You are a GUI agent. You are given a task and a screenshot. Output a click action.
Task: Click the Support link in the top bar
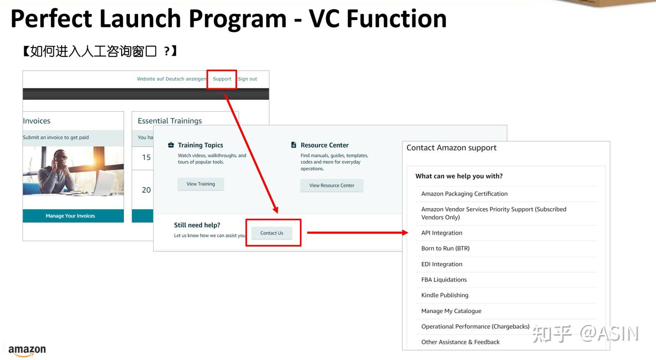tap(222, 79)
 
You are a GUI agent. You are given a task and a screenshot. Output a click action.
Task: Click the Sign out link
tap(247, 79)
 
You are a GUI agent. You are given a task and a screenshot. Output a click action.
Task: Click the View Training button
tap(200, 184)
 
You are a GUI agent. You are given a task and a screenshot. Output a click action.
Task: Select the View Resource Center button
tap(332, 185)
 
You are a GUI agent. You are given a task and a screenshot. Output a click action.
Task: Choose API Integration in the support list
tap(441, 233)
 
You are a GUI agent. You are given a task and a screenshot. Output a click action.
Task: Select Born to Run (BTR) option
tap(445, 248)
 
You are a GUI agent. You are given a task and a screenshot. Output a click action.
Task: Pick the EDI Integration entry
tap(441, 264)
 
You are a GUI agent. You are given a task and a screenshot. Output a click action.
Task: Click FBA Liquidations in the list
tap(444, 280)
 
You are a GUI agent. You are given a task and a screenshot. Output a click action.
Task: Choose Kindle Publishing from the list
tap(445, 295)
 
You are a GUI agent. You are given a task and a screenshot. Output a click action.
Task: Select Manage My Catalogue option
tap(451, 311)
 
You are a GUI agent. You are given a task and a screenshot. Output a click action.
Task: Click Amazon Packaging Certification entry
tap(464, 194)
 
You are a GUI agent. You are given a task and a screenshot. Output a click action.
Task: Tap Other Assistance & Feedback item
tap(460, 342)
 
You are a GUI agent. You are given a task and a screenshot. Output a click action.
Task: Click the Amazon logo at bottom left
tap(27, 350)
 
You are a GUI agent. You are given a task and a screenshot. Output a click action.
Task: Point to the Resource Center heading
tap(324, 145)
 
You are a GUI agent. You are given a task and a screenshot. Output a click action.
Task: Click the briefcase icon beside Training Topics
tap(171, 145)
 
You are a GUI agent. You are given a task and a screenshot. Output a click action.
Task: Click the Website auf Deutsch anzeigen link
tap(171, 79)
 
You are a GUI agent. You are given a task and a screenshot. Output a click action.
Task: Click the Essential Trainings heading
tap(169, 121)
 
